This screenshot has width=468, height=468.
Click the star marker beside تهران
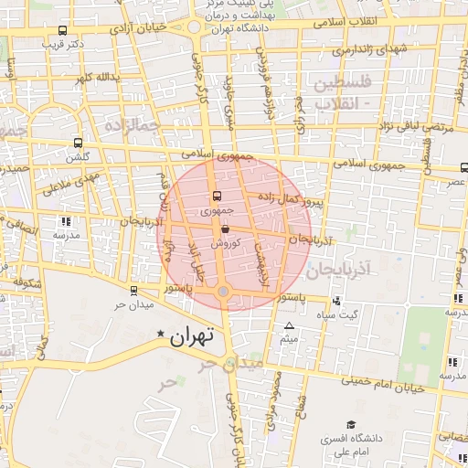click(163, 335)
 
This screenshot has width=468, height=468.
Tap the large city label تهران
click(192, 335)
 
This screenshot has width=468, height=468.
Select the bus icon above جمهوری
click(217, 196)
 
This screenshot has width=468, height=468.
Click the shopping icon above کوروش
click(225, 231)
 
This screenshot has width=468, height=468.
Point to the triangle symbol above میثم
click(290, 326)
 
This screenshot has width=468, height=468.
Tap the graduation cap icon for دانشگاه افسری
click(351, 424)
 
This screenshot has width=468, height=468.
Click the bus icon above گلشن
click(77, 144)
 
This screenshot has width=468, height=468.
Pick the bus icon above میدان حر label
click(134, 291)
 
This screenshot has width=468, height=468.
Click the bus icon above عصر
click(463, 167)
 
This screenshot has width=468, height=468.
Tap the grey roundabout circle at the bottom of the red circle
click(224, 292)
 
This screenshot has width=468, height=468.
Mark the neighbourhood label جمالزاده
click(130, 123)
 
